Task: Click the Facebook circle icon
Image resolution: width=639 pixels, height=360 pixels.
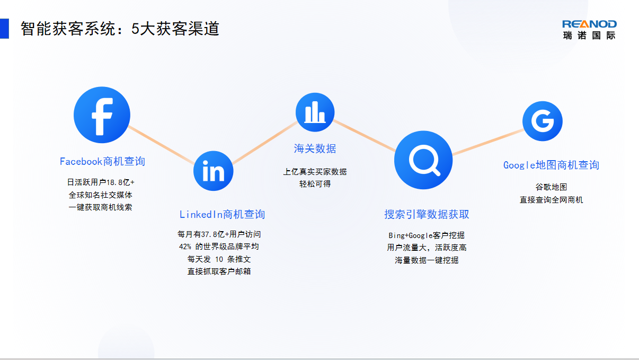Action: [102, 115]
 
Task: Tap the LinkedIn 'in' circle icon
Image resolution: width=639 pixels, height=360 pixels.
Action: [214, 171]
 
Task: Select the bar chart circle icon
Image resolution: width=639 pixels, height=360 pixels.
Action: [315, 112]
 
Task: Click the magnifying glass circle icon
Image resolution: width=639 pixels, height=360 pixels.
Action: [423, 160]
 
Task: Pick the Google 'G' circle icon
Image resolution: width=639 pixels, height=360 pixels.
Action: [543, 121]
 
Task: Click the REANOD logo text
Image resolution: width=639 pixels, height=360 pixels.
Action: [589, 24]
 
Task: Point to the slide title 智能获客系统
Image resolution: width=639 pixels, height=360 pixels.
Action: [68, 29]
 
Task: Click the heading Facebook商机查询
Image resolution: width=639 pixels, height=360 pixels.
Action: [102, 161]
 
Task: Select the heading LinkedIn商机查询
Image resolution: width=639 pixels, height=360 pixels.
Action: [222, 214]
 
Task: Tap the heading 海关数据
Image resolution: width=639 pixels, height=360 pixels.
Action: [315, 148]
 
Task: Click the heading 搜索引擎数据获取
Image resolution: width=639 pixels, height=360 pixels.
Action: [427, 214]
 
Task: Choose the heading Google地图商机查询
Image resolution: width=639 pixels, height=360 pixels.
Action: [551, 165]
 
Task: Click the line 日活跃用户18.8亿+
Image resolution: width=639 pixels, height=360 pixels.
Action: [101, 182]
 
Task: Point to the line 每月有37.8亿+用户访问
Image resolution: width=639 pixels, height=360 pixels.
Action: [219, 234]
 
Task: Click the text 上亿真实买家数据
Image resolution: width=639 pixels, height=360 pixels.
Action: [315, 172]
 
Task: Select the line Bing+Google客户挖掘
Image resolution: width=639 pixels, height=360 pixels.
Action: [427, 235]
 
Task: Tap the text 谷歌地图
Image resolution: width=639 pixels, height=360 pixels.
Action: [551, 187]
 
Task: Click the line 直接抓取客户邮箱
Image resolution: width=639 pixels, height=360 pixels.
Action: [219, 271]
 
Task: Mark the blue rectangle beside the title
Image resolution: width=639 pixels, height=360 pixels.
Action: [4, 29]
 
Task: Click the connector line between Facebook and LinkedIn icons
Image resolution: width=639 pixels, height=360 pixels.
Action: [162, 145]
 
